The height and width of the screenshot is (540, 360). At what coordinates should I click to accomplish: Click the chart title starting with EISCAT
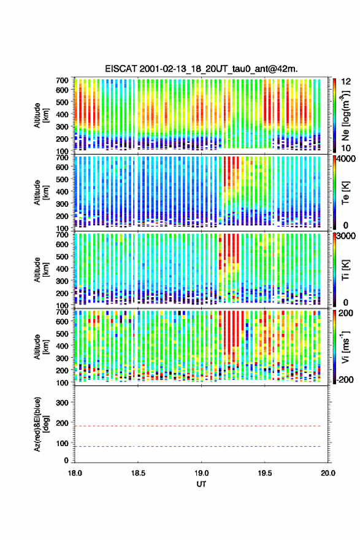[x=201, y=69]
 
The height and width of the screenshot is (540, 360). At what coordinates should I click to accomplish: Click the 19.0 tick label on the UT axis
[x=201, y=473]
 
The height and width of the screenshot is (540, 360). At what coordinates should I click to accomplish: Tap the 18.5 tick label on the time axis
[x=138, y=473]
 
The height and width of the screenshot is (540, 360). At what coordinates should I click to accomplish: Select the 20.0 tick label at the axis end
[x=328, y=473]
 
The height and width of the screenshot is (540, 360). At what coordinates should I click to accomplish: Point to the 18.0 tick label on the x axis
[x=75, y=473]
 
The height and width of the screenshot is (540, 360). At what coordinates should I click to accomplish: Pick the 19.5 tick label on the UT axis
[x=265, y=473]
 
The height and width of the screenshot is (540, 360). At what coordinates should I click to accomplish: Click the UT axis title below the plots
[x=201, y=484]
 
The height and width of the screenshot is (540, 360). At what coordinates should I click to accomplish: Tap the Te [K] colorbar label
[x=345, y=193]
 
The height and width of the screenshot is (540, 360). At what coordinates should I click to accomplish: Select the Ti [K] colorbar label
[x=345, y=269]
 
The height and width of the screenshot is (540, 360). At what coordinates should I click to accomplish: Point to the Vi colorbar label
[x=345, y=347]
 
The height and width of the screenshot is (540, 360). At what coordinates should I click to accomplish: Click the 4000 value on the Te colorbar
[x=346, y=159]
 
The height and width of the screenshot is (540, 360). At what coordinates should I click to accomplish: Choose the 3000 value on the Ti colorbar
[x=346, y=236]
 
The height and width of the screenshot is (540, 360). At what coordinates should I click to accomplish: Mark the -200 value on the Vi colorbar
[x=344, y=379]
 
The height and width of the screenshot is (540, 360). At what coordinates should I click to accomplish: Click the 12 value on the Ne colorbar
[x=346, y=81]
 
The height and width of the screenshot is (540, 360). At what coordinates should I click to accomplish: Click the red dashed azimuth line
[x=198, y=426]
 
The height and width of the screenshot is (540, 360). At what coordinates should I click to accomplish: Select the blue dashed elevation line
[x=198, y=446]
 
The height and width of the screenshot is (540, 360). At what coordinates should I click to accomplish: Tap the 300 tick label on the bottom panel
[x=62, y=403]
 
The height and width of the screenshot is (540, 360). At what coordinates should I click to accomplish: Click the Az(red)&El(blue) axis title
[x=41, y=424]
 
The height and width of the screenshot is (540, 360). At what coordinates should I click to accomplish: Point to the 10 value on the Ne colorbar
[x=346, y=148]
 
